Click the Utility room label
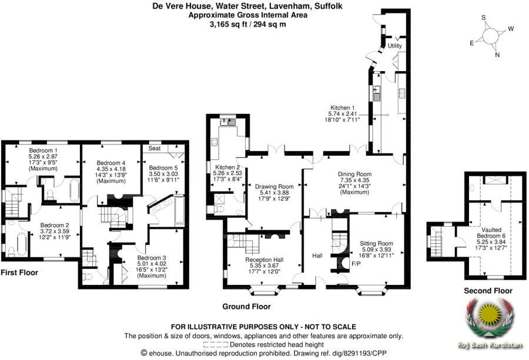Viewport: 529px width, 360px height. (394, 46)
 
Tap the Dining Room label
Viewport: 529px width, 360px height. (354, 174)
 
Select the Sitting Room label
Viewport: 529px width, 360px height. (376, 243)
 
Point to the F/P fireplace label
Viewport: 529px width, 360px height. (356, 264)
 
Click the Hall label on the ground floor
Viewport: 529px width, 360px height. (317, 256)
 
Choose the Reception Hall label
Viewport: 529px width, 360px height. (264, 260)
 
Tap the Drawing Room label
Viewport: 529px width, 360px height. (274, 186)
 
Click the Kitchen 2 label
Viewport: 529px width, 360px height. (227, 167)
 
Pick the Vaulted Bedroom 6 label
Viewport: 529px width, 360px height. (491, 233)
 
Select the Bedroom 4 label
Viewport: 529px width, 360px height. (111, 163)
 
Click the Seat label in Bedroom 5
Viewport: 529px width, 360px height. (155, 149)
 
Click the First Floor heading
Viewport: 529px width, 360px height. (19, 272)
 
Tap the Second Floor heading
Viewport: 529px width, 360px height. (488, 291)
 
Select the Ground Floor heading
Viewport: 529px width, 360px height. (246, 307)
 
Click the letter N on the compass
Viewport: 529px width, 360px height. (497, 55)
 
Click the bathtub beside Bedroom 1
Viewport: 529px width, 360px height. (75, 190)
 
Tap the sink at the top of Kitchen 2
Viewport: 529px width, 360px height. (227, 122)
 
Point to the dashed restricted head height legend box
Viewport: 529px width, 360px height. (216, 345)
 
